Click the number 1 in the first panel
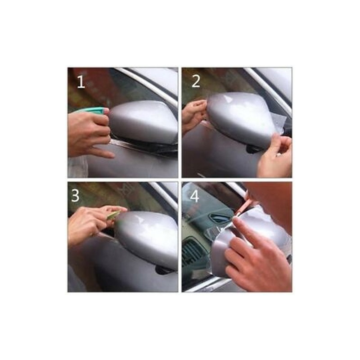(81, 82)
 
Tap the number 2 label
(196, 81)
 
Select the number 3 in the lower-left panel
(75, 196)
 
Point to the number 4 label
(194, 196)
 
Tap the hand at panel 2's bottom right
(274, 156)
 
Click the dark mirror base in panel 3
(164, 270)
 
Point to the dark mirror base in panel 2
(254, 149)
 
